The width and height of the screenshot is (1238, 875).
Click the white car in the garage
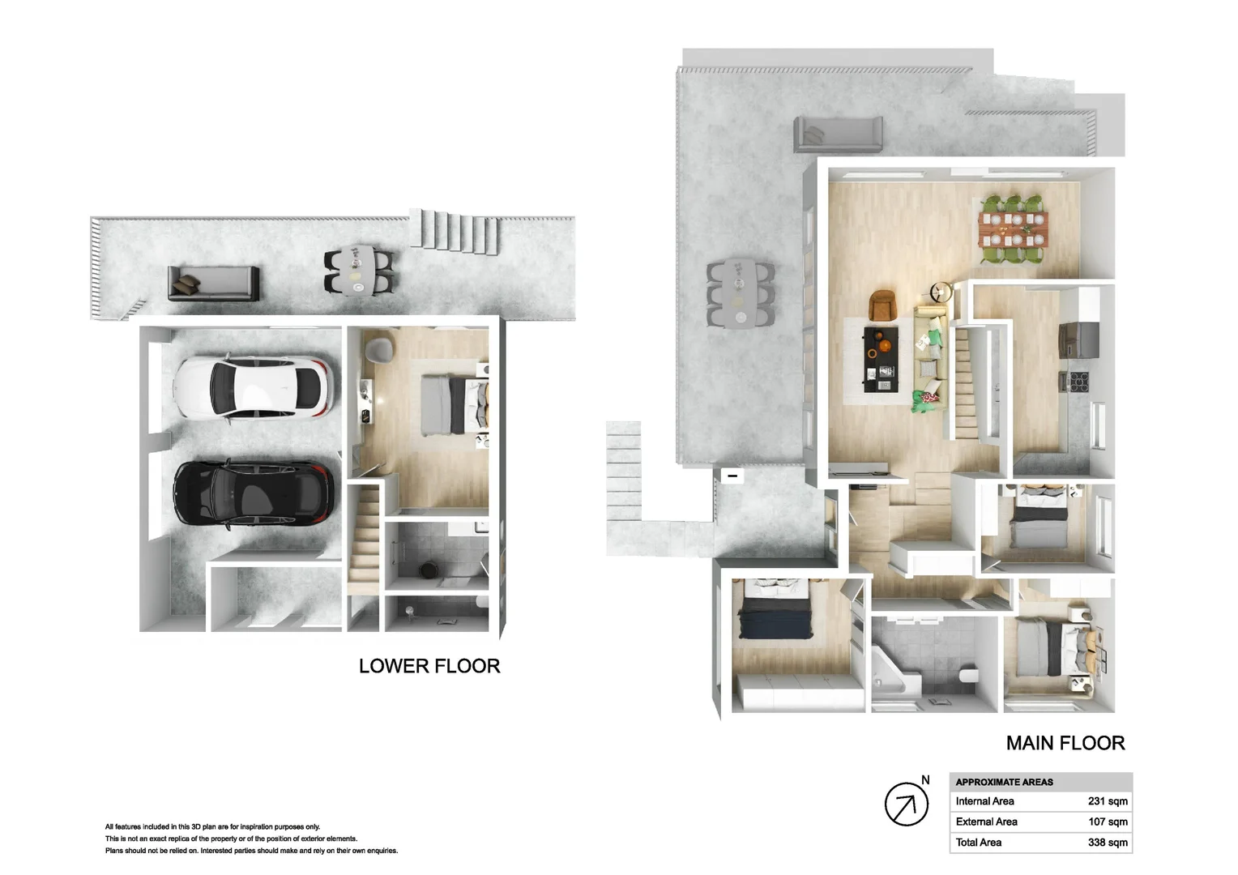[x=253, y=388]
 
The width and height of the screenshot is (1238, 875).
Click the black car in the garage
[x=253, y=493]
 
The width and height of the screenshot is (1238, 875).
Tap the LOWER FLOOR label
[x=429, y=666]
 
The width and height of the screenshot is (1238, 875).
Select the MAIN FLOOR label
[x=1065, y=743]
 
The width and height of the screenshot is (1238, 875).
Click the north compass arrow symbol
[x=905, y=805]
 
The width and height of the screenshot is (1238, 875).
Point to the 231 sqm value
[x=1108, y=801]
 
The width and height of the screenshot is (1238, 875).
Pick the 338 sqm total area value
[x=1108, y=843]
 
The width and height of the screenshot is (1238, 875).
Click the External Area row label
[x=986, y=822]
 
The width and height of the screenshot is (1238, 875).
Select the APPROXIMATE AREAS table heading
[x=1004, y=782]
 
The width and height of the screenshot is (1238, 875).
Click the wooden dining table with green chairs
[x=1012, y=228]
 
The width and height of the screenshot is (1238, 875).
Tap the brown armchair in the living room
[x=882, y=305]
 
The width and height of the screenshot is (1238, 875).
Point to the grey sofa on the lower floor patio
[x=213, y=283]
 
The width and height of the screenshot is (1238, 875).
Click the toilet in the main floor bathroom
[x=967, y=675]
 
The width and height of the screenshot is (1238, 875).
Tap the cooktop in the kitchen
[x=1079, y=382]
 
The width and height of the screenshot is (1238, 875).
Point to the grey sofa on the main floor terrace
[x=838, y=133]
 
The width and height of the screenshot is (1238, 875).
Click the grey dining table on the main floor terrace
[x=739, y=292]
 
